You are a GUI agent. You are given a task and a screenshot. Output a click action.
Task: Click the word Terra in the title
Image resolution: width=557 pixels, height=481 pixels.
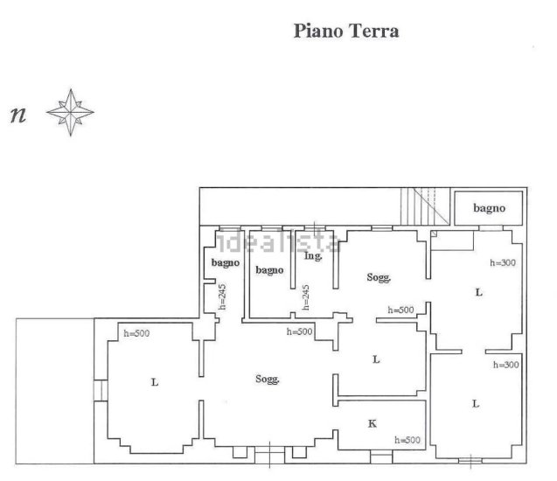[x=373, y=31]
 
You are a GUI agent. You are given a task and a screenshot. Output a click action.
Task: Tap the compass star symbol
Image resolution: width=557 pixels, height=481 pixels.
[x=70, y=112]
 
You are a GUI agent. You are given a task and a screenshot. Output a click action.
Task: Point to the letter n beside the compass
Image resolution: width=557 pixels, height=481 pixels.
[x=18, y=115]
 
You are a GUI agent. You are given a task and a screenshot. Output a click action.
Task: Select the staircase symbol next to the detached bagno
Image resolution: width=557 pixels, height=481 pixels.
[x=425, y=206]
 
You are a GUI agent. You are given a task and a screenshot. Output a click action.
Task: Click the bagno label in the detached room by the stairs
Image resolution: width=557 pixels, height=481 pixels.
[x=489, y=208]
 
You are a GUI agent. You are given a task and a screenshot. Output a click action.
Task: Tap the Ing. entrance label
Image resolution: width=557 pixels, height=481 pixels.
[x=313, y=256]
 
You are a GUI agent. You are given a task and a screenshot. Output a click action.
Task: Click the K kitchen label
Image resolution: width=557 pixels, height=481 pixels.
[x=372, y=423]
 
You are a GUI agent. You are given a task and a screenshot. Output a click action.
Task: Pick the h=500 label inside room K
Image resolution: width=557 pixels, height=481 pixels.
[x=407, y=440]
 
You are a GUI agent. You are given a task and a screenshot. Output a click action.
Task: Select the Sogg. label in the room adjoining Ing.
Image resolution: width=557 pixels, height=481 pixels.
[x=379, y=277]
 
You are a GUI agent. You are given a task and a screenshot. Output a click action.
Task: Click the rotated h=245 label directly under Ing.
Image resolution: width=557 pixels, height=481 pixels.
[x=306, y=297]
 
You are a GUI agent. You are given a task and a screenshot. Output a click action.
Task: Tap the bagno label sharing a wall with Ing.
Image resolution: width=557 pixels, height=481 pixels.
[x=269, y=270]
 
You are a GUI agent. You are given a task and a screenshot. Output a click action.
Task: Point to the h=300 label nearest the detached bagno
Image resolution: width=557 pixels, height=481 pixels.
[x=503, y=263]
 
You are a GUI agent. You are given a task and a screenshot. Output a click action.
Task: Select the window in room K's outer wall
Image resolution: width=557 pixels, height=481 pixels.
[x=381, y=457]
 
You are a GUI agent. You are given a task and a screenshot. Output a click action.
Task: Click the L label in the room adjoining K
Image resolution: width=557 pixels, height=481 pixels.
[x=376, y=359]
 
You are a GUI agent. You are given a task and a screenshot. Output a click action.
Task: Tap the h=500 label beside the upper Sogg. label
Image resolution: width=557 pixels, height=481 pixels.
[x=400, y=310]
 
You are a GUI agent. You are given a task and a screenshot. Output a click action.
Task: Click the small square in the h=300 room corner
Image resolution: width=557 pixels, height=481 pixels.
[x=434, y=234]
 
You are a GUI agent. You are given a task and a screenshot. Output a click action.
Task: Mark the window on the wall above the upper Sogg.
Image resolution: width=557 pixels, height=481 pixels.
[x=381, y=228]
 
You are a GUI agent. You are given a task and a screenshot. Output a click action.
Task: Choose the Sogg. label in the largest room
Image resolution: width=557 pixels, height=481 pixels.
[x=268, y=380]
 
